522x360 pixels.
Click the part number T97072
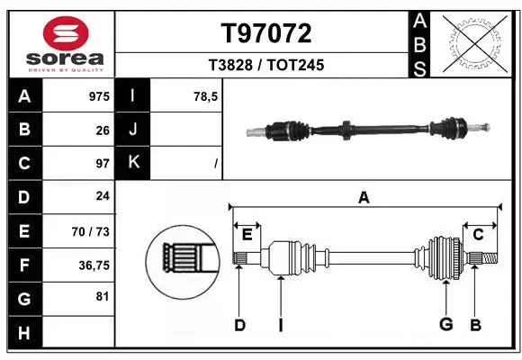[266, 33]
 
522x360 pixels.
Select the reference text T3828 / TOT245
[266, 66]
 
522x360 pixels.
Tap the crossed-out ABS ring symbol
[474, 41]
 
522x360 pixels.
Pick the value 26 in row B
[102, 130]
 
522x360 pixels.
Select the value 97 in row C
[102, 164]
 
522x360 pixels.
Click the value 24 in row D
[102, 197]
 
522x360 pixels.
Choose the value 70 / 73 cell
[91, 231]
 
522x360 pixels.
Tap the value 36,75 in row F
[93, 265]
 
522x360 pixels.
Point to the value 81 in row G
[102, 298]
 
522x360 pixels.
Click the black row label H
[23, 332]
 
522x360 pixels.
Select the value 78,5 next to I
[204, 96]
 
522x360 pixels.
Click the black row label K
[133, 164]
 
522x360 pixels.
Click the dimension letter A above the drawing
[364, 198]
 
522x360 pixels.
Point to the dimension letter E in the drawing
[247, 235]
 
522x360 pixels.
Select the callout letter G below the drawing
[445, 325]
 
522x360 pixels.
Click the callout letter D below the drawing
[239, 325]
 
